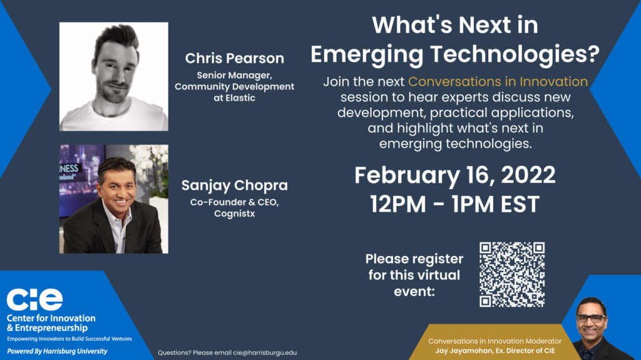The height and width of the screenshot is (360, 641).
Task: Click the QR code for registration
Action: tap(512, 274)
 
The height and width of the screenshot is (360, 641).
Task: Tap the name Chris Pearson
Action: tap(234, 58)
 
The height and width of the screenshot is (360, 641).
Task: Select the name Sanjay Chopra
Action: tap(234, 185)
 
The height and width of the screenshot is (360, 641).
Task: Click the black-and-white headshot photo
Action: tap(114, 76)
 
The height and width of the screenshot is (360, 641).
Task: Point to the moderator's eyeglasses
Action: tap(591, 318)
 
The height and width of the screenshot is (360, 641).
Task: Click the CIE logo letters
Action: tap(35, 299)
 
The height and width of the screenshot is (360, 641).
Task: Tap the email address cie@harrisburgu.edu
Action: tap(265, 352)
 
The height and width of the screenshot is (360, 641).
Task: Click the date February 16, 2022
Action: tap(454, 175)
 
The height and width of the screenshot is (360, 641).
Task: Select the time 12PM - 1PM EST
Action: tap(454, 204)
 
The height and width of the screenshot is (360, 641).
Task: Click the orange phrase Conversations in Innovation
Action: tap(498, 81)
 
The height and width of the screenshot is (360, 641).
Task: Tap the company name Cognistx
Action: tap(234, 213)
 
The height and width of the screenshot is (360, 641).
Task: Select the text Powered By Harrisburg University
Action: tap(57, 351)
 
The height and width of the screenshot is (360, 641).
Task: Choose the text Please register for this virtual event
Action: tap(414, 275)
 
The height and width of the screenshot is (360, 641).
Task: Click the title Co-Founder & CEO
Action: tap(234, 202)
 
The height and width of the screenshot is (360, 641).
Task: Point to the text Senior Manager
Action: tap(234, 75)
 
